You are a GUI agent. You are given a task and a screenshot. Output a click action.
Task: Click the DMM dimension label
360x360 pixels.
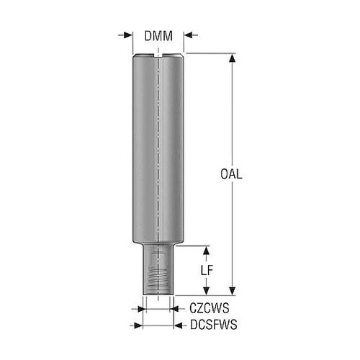[x=158, y=36]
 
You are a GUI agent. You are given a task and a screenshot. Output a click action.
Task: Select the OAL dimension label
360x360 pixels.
[x=231, y=174]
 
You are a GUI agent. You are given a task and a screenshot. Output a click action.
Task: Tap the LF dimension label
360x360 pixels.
[x=207, y=271]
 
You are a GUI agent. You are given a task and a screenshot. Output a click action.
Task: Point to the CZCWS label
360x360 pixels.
[x=210, y=308]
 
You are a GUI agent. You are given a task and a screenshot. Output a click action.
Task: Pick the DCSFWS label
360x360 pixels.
[x=214, y=325]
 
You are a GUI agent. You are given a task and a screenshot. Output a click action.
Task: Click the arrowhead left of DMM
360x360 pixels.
[x=128, y=35]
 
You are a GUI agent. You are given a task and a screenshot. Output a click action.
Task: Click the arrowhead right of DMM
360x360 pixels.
[x=189, y=35]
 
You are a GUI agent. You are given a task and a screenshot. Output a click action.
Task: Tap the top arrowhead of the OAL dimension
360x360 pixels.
[x=232, y=58]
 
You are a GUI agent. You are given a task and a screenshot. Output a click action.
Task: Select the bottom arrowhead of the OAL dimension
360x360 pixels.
[x=232, y=291]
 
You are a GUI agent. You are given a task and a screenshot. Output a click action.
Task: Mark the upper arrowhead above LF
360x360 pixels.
[x=206, y=251]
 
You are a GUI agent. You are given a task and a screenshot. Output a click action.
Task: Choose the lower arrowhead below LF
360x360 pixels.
[x=206, y=291]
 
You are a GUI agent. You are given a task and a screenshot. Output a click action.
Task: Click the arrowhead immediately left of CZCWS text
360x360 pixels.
[x=174, y=309]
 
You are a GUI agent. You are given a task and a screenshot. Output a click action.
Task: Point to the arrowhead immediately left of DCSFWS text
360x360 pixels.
[x=179, y=325]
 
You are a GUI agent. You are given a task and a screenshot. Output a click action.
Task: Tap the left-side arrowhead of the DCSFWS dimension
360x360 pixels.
[x=138, y=325]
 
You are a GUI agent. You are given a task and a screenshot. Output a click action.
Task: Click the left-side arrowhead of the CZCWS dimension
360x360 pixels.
[x=142, y=309]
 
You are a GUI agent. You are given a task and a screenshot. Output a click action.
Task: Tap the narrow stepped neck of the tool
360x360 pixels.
[x=158, y=269]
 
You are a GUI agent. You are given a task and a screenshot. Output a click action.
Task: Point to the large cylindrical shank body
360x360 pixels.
[x=158, y=148]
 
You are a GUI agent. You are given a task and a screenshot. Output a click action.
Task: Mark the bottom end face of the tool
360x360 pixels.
[x=158, y=294]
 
